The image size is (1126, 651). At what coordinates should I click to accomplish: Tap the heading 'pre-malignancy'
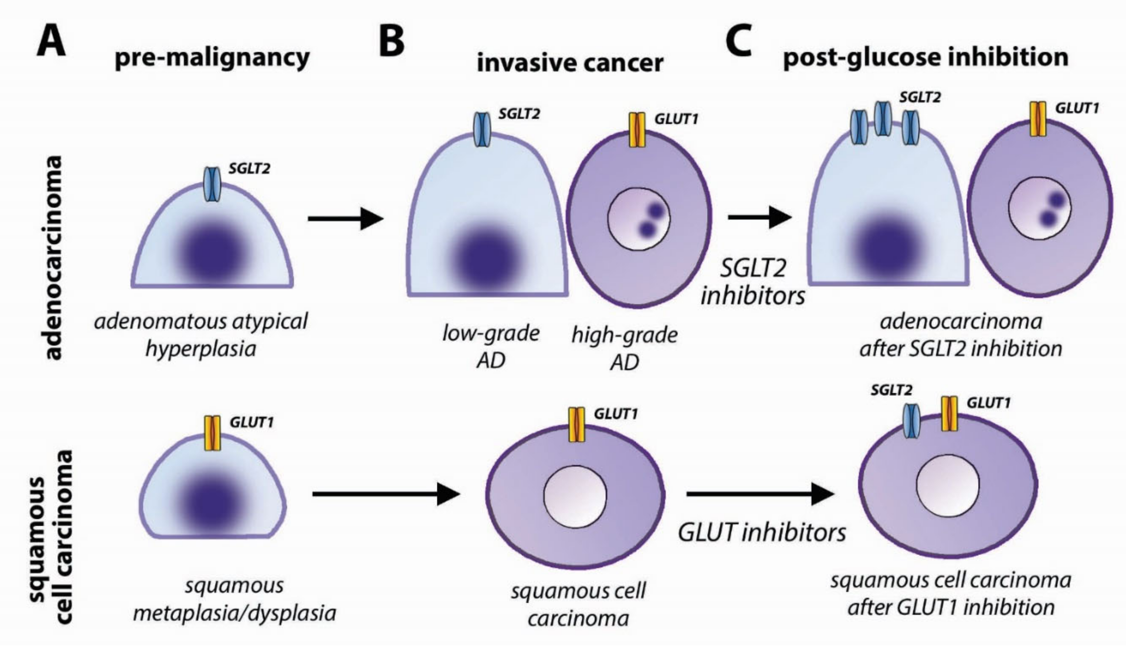coord(212,58)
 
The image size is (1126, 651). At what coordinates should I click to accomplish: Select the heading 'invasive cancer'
coord(570,62)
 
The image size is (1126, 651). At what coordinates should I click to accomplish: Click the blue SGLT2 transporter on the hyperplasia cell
coord(212,184)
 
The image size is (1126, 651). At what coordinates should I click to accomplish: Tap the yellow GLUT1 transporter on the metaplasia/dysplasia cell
coord(212,433)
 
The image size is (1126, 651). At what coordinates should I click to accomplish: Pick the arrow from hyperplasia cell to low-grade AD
coord(345,218)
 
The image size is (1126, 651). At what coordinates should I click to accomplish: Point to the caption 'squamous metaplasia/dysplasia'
coord(235,599)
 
